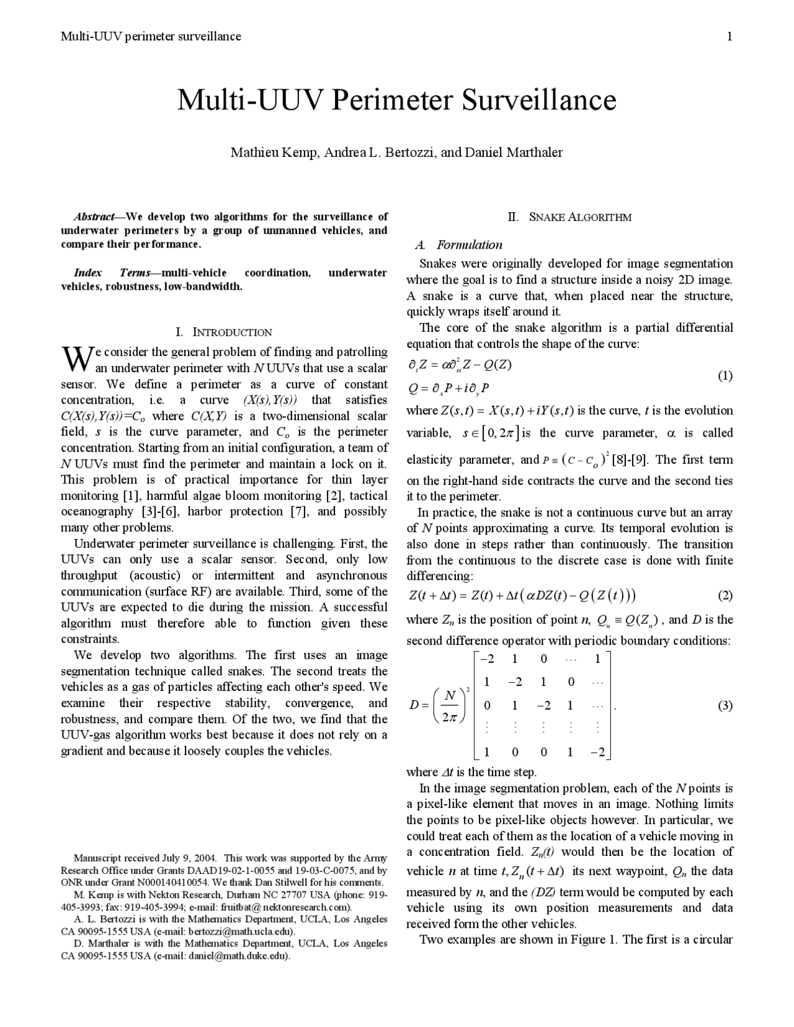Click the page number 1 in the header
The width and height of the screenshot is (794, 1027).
click(729, 36)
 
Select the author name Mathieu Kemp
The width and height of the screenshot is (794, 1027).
click(273, 153)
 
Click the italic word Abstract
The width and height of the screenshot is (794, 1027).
click(94, 217)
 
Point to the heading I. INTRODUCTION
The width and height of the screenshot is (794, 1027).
click(224, 332)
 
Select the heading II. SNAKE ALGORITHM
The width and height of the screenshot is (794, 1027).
click(569, 217)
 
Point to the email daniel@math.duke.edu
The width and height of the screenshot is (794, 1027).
click(239, 956)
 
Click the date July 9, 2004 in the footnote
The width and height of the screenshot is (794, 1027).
click(189, 858)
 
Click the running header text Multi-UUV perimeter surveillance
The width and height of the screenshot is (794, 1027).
click(151, 36)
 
